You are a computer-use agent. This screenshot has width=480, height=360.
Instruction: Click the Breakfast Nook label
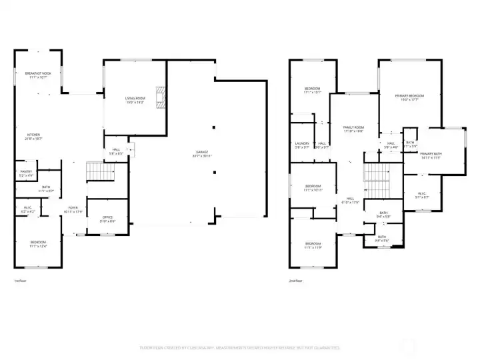point(38,74)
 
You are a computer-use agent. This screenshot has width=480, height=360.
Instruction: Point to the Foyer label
point(73,209)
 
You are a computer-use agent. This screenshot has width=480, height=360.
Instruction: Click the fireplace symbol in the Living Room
point(159,97)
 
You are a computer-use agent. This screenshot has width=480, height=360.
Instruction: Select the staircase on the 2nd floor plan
point(375,175)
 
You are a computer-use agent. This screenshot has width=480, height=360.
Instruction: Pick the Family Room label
point(353,128)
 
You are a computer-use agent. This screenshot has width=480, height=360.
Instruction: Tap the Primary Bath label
point(431,155)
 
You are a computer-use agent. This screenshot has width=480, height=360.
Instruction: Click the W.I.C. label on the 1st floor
point(27,209)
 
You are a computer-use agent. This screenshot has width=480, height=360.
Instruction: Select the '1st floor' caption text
point(20,281)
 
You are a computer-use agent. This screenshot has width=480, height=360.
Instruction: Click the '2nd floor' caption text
point(295,281)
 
